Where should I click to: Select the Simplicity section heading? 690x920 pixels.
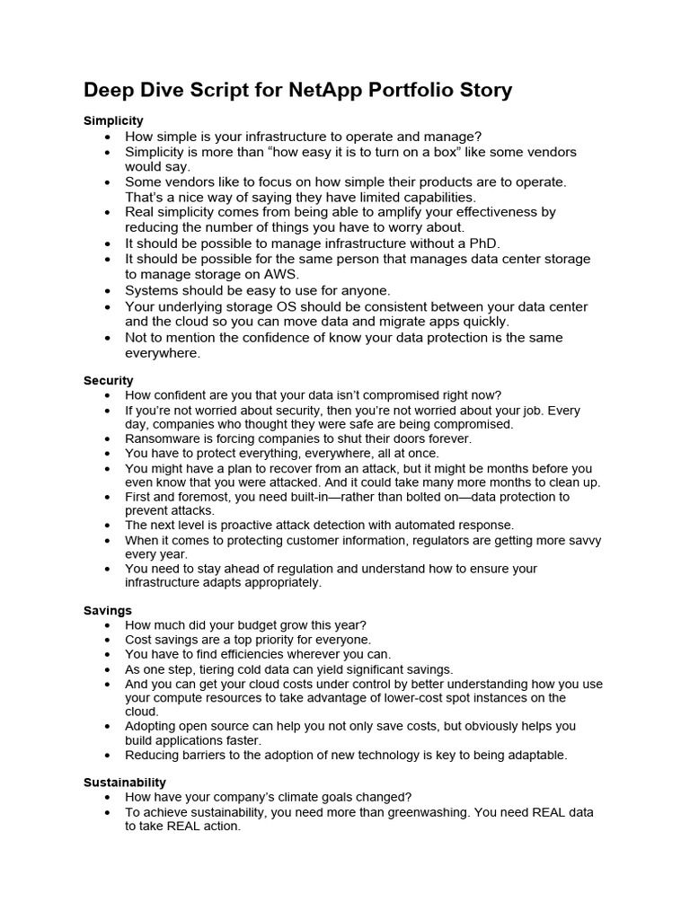coord(113,120)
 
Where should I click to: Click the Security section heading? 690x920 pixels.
coord(108,380)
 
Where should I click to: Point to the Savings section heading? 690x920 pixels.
coord(108,610)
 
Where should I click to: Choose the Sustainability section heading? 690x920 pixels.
coord(125,782)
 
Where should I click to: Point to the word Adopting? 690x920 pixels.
coord(153,726)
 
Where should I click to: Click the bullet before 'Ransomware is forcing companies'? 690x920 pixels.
coord(108,439)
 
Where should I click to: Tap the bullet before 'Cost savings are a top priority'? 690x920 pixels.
coord(108,641)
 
